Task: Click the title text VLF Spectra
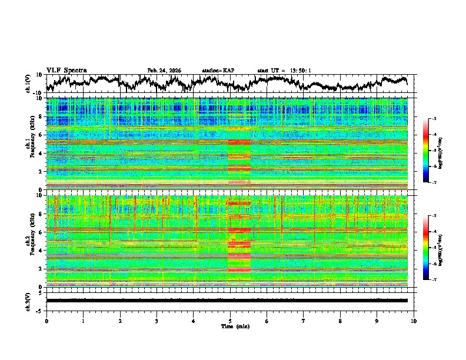[66, 70]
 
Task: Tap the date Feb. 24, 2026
[164, 71]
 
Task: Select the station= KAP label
[218, 71]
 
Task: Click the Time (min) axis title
[230, 326]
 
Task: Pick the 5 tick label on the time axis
[230, 321]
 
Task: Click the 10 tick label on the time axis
[414, 321]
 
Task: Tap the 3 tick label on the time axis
[157, 321]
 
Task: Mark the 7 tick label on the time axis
[304, 321]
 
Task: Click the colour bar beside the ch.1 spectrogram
[432, 151]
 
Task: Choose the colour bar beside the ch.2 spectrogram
[432, 248]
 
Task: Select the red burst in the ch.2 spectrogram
[239, 247]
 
